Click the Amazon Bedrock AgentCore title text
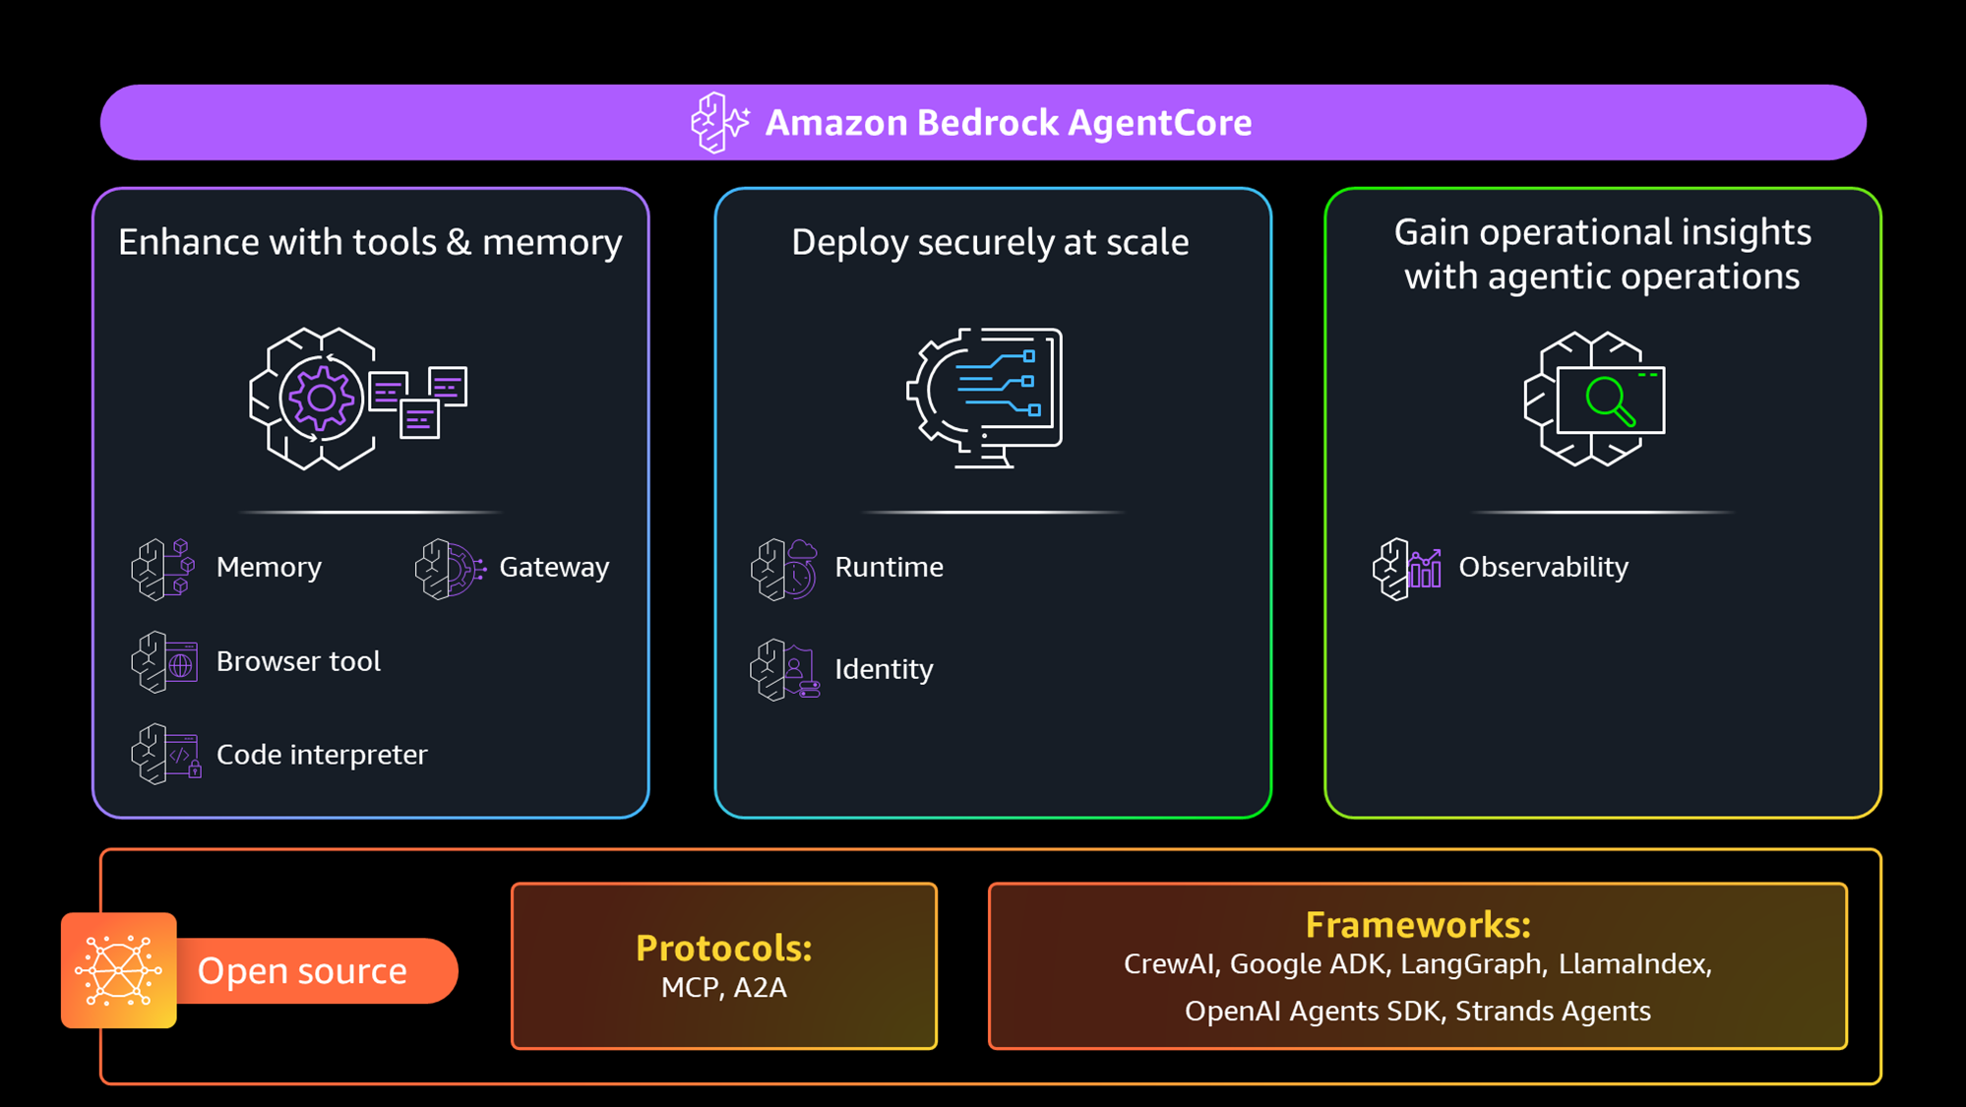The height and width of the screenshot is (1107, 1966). click(1008, 123)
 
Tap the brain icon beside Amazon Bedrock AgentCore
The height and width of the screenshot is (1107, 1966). click(719, 123)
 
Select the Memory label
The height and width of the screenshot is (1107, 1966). click(269, 568)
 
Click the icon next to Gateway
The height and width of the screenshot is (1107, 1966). click(450, 569)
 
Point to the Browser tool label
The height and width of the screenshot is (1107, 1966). click(298, 661)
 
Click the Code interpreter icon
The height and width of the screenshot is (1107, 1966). click(165, 755)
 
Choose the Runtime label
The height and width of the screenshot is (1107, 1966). click(889, 568)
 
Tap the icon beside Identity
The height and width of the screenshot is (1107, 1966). click(784, 670)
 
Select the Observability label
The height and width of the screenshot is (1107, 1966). click(1543, 568)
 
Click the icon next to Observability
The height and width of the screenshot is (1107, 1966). click(1407, 569)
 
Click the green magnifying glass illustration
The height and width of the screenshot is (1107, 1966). click(1610, 401)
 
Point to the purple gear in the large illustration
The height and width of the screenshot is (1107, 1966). click(321, 399)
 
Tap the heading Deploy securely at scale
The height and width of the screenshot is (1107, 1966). click(990, 243)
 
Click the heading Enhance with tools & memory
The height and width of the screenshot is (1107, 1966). click(370, 243)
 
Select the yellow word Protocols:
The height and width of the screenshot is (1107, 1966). click(724, 949)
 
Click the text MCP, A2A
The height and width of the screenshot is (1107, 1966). click(724, 988)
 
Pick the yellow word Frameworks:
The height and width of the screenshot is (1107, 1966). click(1418, 925)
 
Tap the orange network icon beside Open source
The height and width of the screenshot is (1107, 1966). click(119, 970)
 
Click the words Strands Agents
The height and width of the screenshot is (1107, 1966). click(1553, 1012)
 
